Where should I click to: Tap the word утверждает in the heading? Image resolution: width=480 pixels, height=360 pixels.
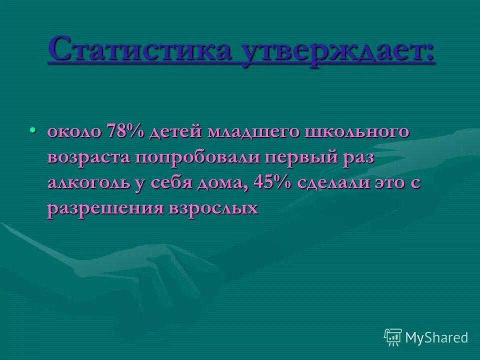338,52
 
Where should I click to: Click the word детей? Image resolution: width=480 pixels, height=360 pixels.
177,132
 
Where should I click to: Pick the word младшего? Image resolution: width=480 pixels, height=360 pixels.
252,132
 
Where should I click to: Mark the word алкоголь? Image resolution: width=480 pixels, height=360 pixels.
88,182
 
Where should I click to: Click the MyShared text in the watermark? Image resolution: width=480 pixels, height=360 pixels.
436,337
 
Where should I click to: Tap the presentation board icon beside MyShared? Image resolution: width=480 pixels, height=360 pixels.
393,337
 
